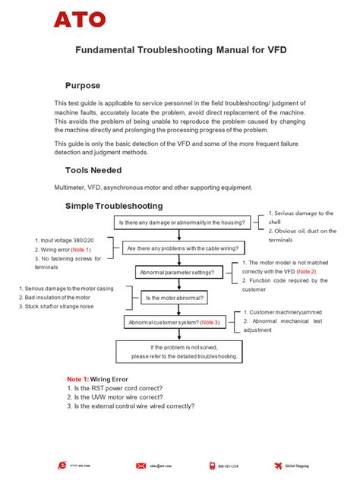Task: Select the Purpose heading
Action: coord(83,85)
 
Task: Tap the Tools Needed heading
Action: coord(93,170)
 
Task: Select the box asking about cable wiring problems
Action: coord(182,248)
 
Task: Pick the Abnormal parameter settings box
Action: coord(180,272)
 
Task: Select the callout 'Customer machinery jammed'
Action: coord(289,312)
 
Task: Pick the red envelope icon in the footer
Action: coord(141,465)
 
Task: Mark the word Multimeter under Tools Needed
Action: coord(70,188)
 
